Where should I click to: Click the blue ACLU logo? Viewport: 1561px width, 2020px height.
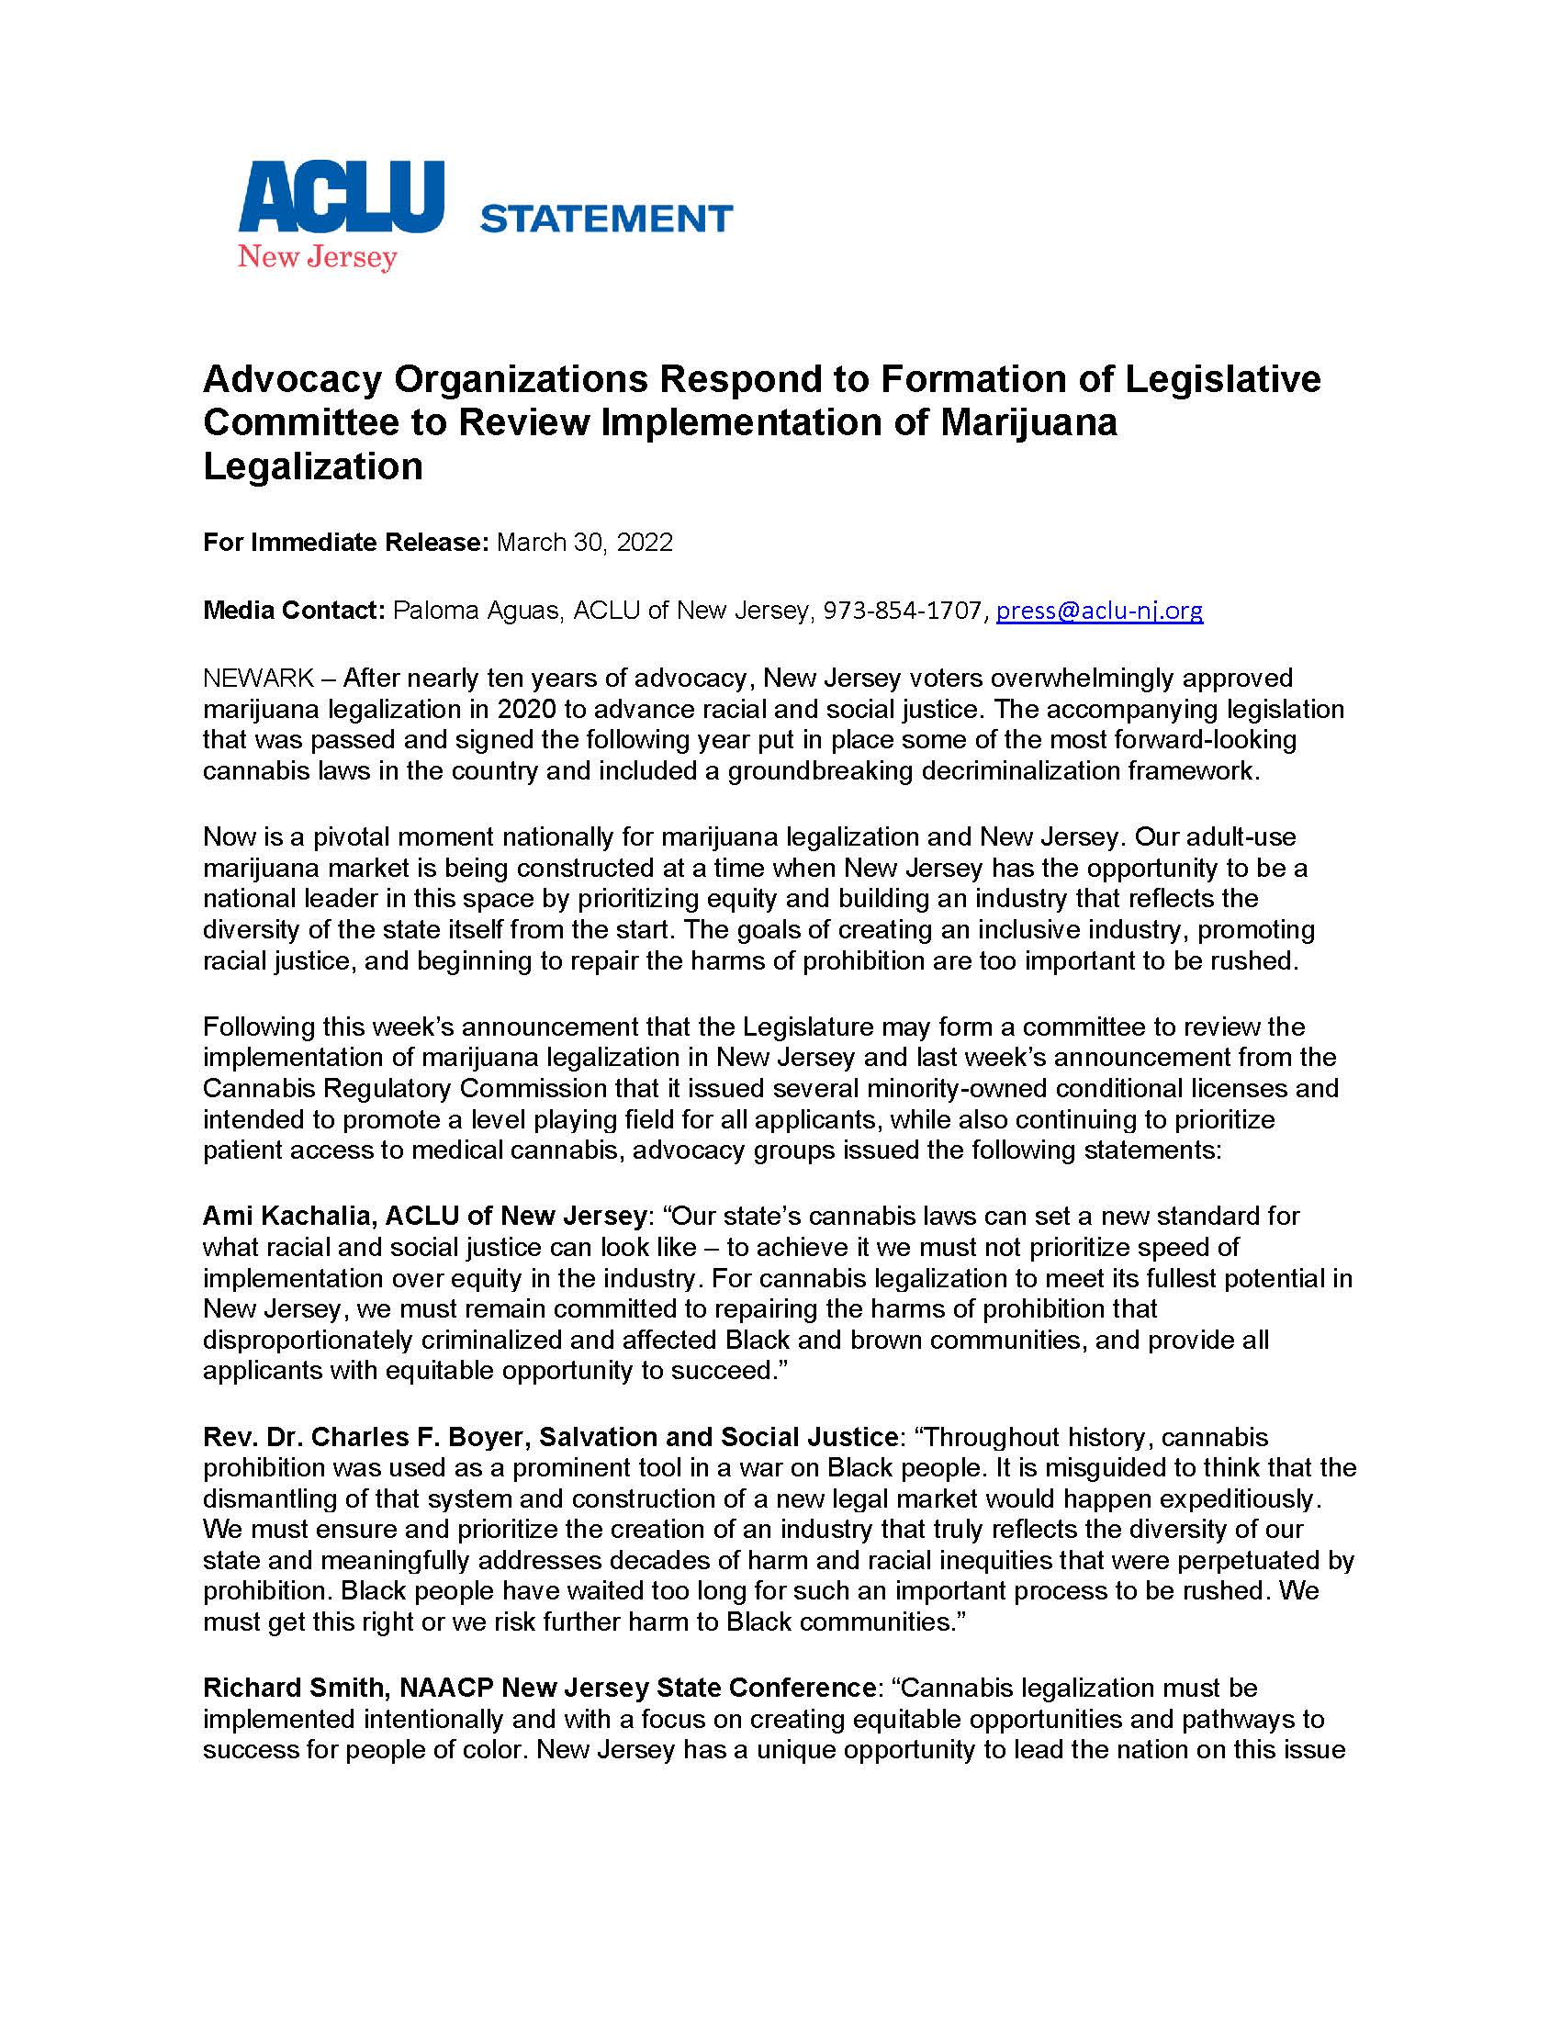pyautogui.click(x=342, y=197)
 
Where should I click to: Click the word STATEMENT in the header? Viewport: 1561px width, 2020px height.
pyautogui.click(x=607, y=219)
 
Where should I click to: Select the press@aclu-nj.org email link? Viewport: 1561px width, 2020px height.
pyautogui.click(x=1098, y=611)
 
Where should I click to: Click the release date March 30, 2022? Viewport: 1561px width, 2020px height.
pyautogui.click(x=584, y=542)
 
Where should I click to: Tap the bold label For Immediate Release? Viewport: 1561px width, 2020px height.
pyautogui.click(x=345, y=542)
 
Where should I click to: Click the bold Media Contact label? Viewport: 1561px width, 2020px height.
pyautogui.click(x=293, y=611)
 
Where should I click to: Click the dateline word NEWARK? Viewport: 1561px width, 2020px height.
pyautogui.click(x=258, y=678)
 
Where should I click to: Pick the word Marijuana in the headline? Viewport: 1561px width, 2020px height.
pyautogui.click(x=1029, y=421)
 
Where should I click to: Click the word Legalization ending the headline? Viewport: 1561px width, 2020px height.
pyautogui.click(x=312, y=466)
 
